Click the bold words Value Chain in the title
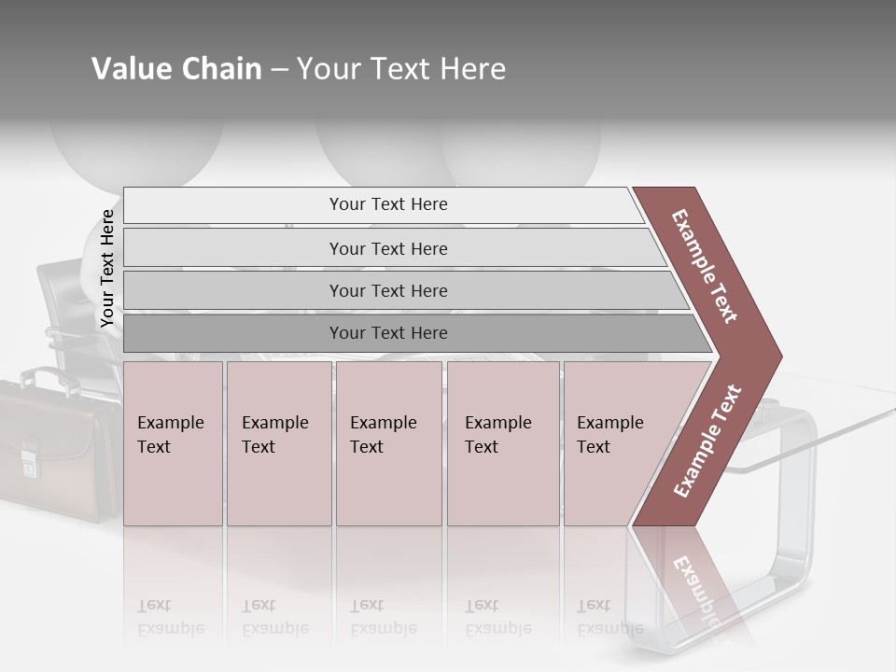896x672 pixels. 176,69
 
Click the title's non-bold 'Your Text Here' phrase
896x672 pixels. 401,69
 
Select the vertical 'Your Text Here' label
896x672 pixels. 107,268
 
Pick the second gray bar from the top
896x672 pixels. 387,248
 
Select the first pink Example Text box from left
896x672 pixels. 173,443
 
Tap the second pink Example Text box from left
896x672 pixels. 278,443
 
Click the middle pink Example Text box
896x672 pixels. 388,443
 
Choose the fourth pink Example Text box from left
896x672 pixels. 502,443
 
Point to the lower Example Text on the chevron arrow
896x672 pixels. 707,441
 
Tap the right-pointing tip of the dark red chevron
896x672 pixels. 777,357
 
